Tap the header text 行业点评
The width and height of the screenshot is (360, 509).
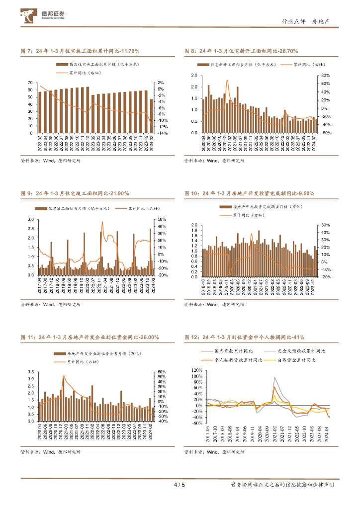pyautogui.click(x=292, y=21)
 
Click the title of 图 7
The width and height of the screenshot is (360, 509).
pyautogui.click(x=81, y=51)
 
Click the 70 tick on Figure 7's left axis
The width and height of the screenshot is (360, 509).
pyautogui.click(x=31, y=83)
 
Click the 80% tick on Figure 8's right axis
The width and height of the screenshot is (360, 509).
pyautogui.click(x=326, y=76)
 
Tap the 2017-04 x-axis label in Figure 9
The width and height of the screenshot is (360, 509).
pyautogui.click(x=39, y=286)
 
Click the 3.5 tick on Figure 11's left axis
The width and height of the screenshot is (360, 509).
pyautogui.click(x=31, y=372)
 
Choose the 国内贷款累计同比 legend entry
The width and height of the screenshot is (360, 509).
pyautogui.click(x=227, y=351)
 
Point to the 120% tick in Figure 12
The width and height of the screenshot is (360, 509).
pyautogui.click(x=196, y=370)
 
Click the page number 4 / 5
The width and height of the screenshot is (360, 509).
pyautogui.click(x=179, y=485)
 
